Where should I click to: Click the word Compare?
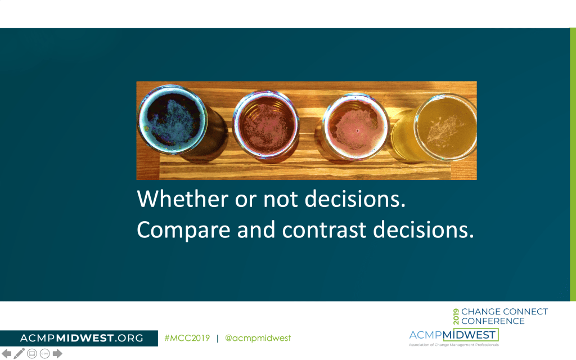click(x=184, y=230)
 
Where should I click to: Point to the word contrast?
click(x=325, y=230)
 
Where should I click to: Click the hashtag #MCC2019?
click(x=187, y=338)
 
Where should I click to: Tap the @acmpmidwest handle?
click(x=258, y=338)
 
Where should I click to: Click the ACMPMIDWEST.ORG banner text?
click(x=82, y=338)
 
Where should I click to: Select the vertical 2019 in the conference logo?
click(x=456, y=316)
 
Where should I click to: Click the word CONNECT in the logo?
click(x=525, y=312)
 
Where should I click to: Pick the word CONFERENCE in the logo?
click(x=493, y=321)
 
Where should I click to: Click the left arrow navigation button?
click(x=6, y=353)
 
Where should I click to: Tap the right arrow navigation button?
click(x=57, y=353)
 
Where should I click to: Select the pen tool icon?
click(x=19, y=353)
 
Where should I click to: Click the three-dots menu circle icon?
click(x=45, y=354)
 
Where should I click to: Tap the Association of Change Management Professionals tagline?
click(x=454, y=345)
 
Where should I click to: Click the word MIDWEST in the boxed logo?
click(x=469, y=335)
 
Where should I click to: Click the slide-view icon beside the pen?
click(x=32, y=354)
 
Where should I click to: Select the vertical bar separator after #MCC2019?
click(x=218, y=338)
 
